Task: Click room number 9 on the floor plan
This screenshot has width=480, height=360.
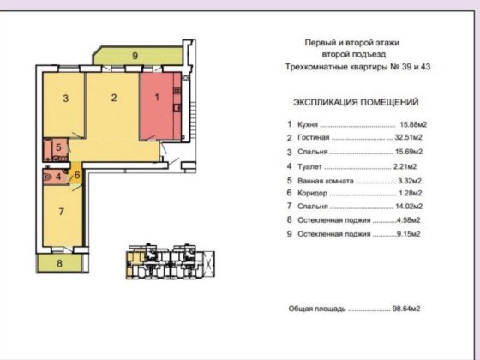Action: click(135, 56)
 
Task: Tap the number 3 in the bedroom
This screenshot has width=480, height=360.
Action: click(65, 99)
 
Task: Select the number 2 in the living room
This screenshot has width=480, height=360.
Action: click(114, 98)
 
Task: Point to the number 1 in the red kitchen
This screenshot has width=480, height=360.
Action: click(157, 98)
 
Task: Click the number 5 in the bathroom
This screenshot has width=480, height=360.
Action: click(58, 147)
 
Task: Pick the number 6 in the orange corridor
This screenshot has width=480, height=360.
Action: click(77, 175)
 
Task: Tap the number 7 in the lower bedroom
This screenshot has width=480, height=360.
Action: click(62, 212)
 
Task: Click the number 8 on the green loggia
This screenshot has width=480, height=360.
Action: click(60, 263)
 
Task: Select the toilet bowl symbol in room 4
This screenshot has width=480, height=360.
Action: click(48, 177)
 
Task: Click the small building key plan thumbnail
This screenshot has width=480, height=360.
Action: click(171, 261)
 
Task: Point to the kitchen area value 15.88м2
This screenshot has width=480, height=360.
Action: click(413, 124)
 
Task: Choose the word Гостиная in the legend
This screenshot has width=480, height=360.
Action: click(314, 137)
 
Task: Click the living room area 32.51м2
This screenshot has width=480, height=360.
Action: click(408, 137)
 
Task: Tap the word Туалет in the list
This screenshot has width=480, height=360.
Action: click(309, 167)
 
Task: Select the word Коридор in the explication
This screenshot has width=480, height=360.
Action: click(312, 194)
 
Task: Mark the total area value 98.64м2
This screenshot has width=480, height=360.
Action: click(406, 309)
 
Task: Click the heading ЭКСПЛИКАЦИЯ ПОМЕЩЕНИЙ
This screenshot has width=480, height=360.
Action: click(356, 102)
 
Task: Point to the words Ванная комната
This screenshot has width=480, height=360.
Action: click(326, 181)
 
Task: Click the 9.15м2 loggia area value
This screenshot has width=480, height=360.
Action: click(409, 234)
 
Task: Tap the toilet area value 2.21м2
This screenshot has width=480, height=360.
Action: click(405, 167)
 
